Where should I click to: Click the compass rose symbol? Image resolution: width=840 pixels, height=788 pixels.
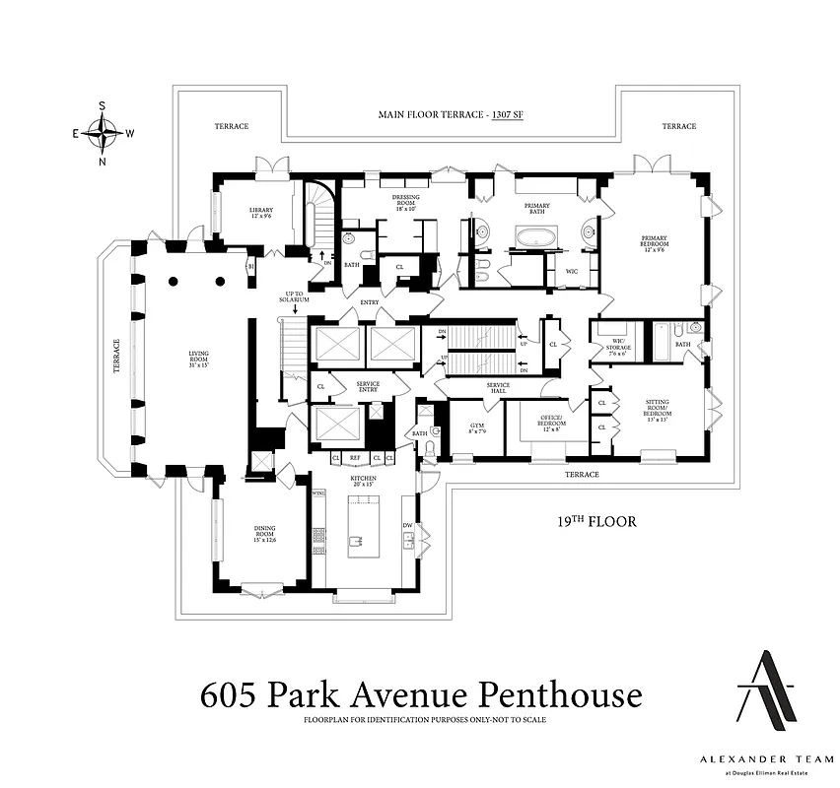tap(103, 132)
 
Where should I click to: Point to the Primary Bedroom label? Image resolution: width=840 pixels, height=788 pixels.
tap(655, 242)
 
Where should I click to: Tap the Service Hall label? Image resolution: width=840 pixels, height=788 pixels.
tap(497, 387)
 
